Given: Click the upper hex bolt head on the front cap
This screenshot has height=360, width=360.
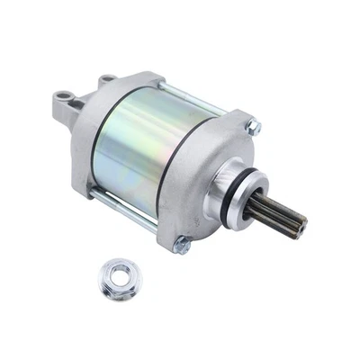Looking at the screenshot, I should [x=254, y=129].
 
